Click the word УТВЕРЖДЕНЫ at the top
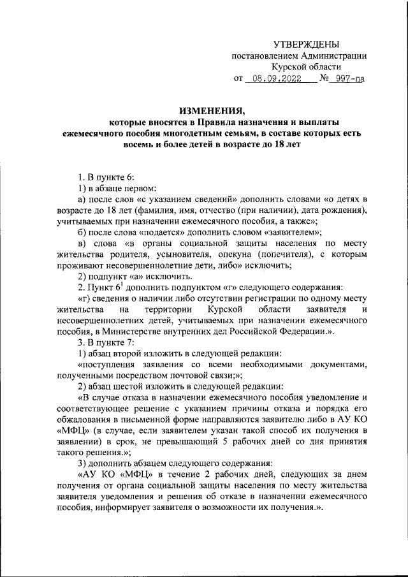click(306, 44)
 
